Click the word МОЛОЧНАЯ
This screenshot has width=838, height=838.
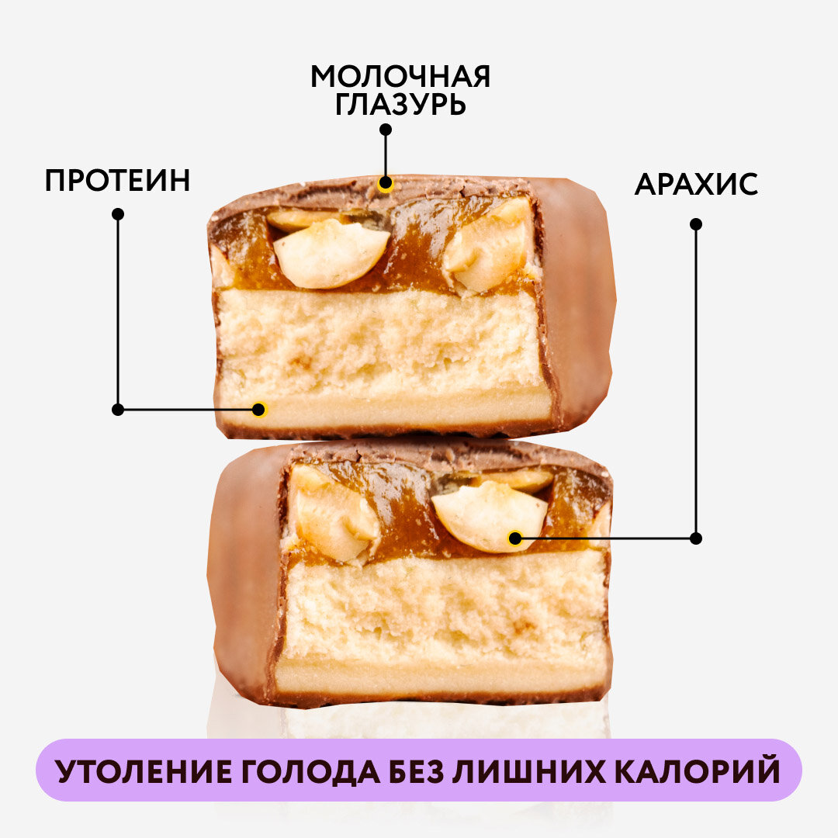(400, 77)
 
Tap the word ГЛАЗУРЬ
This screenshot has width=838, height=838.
(400, 105)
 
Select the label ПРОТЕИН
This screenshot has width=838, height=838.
(117, 181)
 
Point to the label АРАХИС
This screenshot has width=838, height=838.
(696, 185)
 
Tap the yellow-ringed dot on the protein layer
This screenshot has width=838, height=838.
(260, 409)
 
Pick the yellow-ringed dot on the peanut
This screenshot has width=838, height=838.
(514, 538)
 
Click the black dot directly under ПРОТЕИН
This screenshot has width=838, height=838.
(118, 213)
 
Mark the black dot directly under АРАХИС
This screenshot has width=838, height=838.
(696, 223)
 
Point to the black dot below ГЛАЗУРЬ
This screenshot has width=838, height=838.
(386, 130)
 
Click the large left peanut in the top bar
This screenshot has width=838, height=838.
(330, 252)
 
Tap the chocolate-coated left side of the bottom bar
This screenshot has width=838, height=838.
(241, 574)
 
